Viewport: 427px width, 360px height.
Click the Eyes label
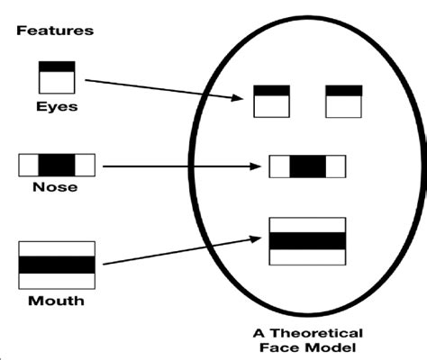tap(56, 106)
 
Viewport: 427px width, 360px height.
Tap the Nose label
tap(56, 188)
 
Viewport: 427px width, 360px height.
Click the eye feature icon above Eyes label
tap(56, 77)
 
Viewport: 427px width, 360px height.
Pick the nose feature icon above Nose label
tap(56, 166)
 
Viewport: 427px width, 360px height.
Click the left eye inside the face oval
tap(271, 102)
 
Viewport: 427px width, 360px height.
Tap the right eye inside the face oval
tap(342, 102)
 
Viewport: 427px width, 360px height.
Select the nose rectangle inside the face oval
tap(307, 166)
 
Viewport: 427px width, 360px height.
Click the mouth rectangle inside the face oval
tap(307, 241)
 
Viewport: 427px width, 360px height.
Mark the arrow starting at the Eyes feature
tap(162, 88)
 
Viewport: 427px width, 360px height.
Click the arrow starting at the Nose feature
tap(180, 166)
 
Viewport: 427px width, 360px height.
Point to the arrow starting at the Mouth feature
tap(180, 251)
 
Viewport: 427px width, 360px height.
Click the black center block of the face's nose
tap(307, 166)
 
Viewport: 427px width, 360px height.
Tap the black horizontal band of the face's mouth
tap(307, 241)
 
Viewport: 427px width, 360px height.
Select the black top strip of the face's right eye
tap(342, 91)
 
